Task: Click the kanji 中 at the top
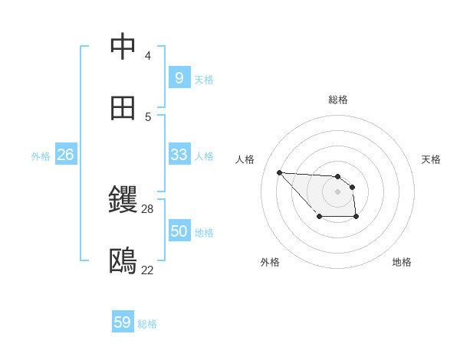(123, 47)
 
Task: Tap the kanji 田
(123, 108)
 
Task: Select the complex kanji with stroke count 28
(123, 200)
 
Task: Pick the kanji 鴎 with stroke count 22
(123, 261)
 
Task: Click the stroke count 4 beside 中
(148, 56)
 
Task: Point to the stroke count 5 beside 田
(148, 117)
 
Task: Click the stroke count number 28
(148, 208)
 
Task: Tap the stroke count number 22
(148, 270)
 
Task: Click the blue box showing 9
(179, 77)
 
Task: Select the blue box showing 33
(179, 155)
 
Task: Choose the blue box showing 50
(179, 231)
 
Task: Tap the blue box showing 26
(65, 155)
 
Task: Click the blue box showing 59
(123, 322)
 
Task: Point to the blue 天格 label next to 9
(204, 79)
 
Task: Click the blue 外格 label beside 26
(41, 156)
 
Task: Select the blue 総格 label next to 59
(147, 324)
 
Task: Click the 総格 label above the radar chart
(338, 100)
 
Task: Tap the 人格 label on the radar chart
(245, 159)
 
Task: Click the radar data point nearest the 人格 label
(279, 172)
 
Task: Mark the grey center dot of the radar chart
(337, 191)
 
